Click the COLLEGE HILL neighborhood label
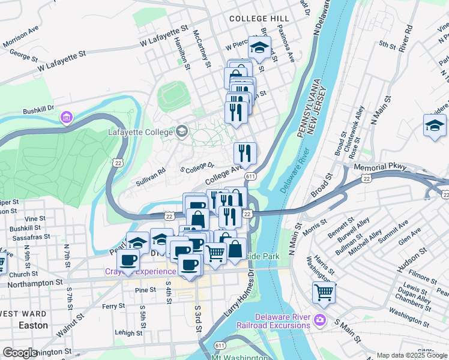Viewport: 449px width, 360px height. tap(259, 19)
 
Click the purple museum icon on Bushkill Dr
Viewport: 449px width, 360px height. tap(65, 116)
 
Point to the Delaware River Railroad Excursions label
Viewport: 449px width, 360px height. tap(282, 321)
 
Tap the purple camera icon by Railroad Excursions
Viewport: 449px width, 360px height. tap(321, 320)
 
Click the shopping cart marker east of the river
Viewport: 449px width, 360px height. tap(324, 293)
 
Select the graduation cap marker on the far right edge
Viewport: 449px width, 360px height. tap(435, 125)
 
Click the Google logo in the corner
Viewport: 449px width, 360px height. tap(20, 353)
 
